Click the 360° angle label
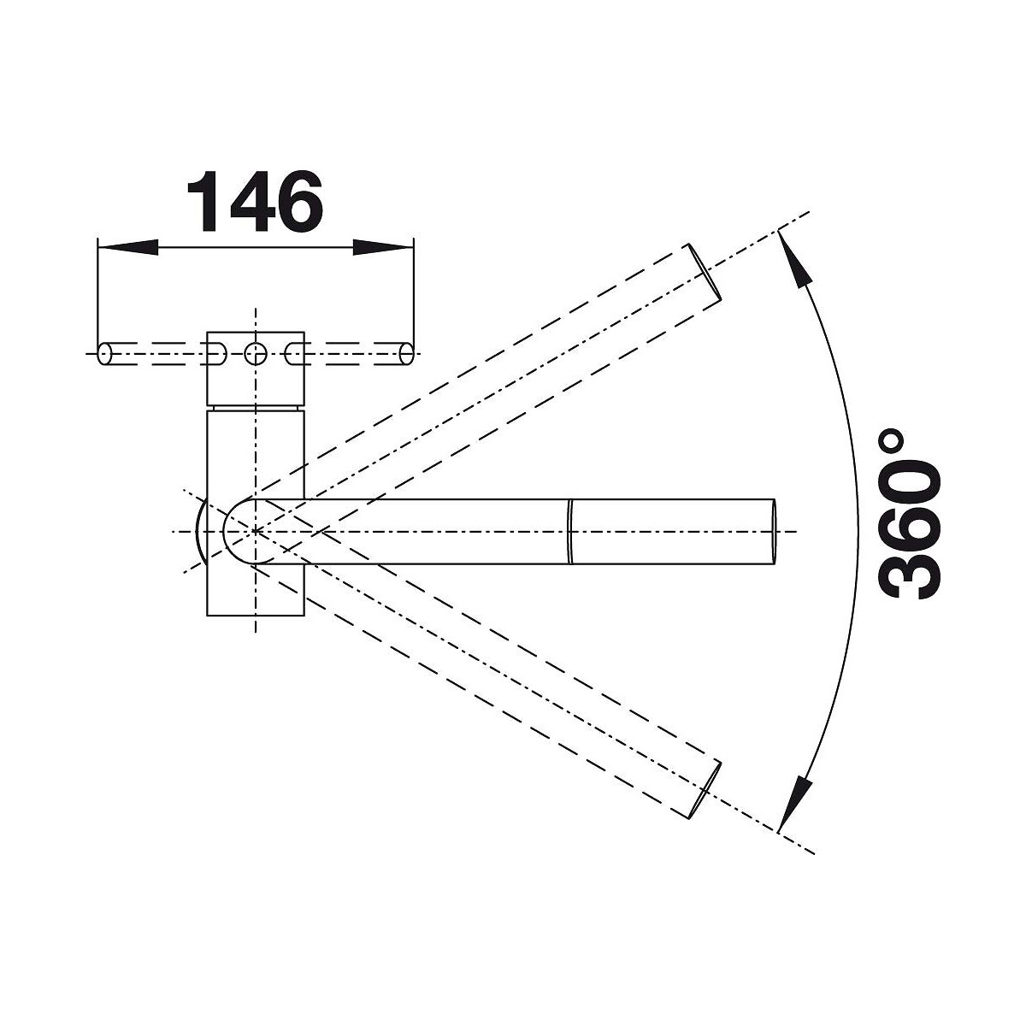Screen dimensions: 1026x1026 (907, 514)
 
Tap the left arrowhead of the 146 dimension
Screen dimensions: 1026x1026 (128, 247)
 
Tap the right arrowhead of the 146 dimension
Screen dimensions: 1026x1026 (383, 247)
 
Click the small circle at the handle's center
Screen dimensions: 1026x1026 (256, 353)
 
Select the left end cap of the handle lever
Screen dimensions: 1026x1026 (105, 353)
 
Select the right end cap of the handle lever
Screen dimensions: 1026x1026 (406, 353)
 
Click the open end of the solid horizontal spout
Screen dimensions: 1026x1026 (773, 531)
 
